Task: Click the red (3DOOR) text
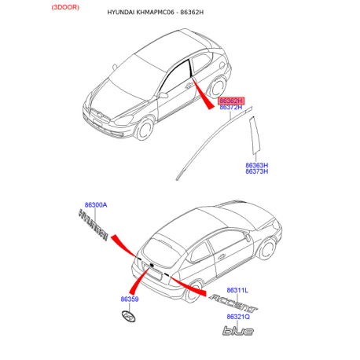coord(65,7)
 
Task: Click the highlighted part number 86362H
coord(230,101)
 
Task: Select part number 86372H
coord(230,107)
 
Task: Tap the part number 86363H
coord(256,165)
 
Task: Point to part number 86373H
coord(256,171)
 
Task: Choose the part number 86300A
coord(96,205)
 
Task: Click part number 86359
coord(130,299)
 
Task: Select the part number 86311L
coord(237,290)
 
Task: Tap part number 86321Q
coord(238,317)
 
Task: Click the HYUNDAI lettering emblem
coord(94,225)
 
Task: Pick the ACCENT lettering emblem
coord(233,303)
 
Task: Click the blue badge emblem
coord(238,331)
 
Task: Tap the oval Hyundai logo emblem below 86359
coord(128,316)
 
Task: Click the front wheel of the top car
coord(144,129)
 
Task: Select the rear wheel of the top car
coord(217,86)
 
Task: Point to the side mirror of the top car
coord(163,95)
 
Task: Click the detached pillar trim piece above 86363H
coord(254,135)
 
